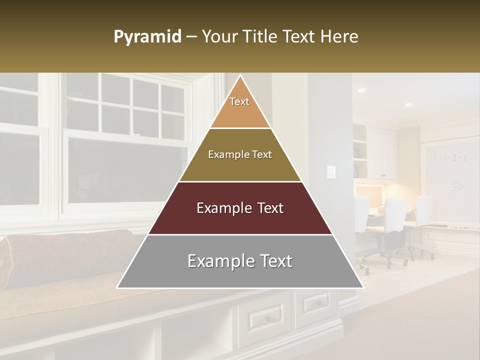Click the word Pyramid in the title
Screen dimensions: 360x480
147,37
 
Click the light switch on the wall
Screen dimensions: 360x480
331,172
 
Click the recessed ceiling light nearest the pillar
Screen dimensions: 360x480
361,90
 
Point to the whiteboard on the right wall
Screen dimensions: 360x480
450,175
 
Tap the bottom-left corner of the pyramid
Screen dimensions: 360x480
118,287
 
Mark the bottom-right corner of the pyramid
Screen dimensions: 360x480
363,287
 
